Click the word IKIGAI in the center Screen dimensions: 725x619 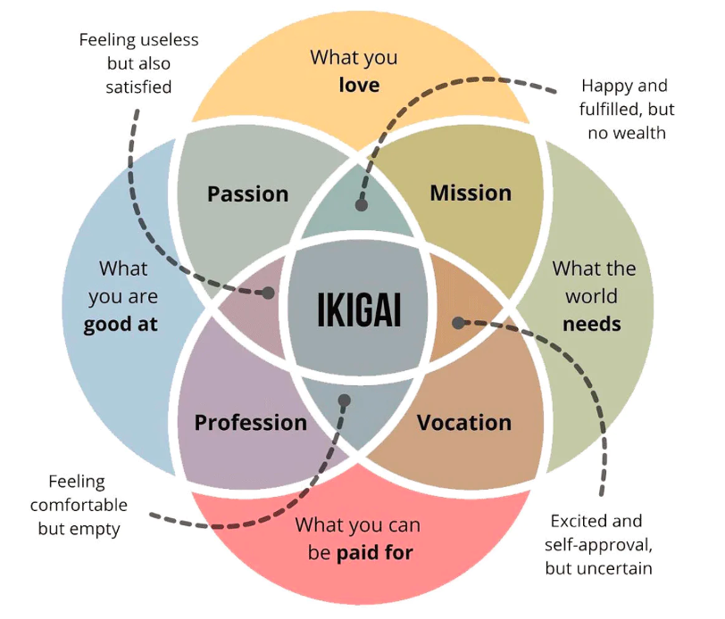(x=359, y=309)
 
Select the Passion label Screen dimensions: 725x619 (x=248, y=194)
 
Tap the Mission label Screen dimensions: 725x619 (x=471, y=193)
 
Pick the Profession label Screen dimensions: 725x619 (x=251, y=423)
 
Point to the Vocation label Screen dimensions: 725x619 (x=464, y=423)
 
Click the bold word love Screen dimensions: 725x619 (x=359, y=85)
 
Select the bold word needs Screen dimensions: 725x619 (x=592, y=325)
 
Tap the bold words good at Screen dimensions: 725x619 (x=121, y=325)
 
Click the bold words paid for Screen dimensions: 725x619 (x=375, y=552)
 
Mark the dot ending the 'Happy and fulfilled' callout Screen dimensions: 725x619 (x=362, y=204)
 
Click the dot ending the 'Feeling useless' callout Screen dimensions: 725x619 (x=268, y=293)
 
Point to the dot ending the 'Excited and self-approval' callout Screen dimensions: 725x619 (x=458, y=323)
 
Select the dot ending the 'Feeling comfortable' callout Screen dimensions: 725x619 (x=345, y=400)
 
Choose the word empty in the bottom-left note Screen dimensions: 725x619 (x=99, y=530)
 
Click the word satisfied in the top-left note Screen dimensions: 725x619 (x=138, y=87)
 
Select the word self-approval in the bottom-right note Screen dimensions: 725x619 (x=598, y=545)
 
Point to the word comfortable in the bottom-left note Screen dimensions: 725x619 (x=79, y=505)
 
